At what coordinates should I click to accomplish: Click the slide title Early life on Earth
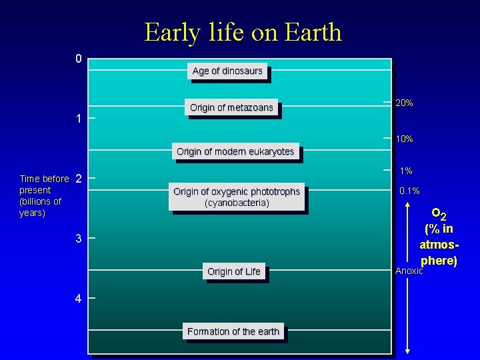[x=243, y=32]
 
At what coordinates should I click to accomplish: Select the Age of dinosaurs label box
[x=227, y=71]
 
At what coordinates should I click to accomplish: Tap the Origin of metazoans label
[x=231, y=107]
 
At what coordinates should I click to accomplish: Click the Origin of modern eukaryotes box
[x=235, y=152]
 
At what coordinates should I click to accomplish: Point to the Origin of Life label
[x=233, y=271]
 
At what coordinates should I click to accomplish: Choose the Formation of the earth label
[x=233, y=331]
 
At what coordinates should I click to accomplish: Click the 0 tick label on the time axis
[x=79, y=59]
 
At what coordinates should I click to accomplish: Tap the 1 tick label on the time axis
[x=79, y=119]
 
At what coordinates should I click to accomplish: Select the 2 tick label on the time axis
[x=79, y=179]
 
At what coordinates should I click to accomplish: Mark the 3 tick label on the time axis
[x=79, y=239]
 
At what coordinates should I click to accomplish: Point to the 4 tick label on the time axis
[x=79, y=299]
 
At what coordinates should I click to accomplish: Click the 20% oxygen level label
[x=404, y=103]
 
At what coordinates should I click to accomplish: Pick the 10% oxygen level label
[x=404, y=139]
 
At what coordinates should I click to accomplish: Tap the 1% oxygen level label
[x=405, y=171]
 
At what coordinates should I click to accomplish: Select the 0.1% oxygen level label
[x=409, y=191]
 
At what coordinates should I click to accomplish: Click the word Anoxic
[x=409, y=271]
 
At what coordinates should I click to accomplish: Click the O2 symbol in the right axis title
[x=439, y=214]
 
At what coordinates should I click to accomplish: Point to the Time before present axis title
[x=43, y=196]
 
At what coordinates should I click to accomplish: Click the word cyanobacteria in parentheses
[x=237, y=203]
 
